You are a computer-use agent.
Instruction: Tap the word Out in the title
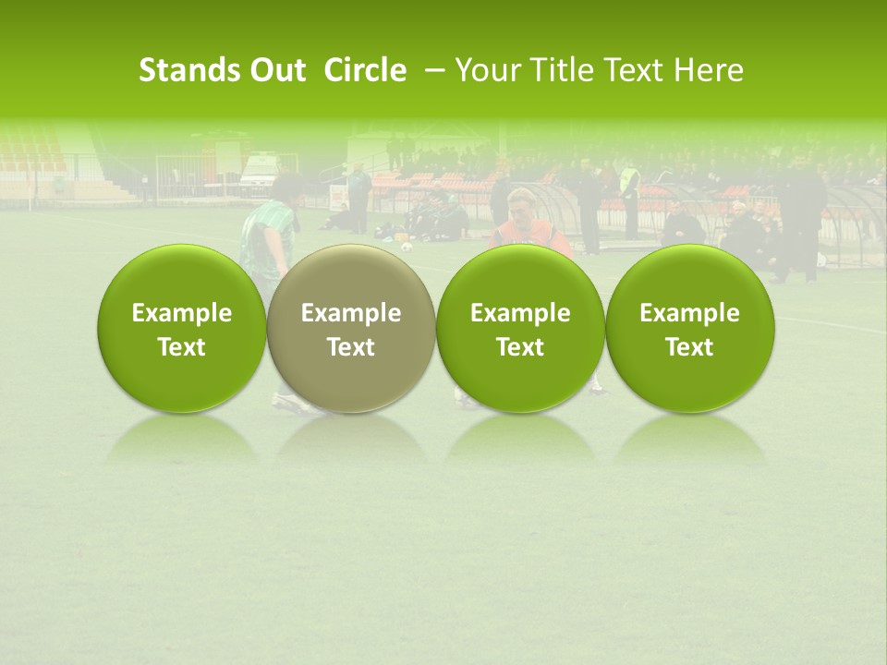coord(275,70)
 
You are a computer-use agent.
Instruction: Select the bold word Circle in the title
coord(365,70)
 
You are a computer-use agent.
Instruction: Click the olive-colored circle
coord(351,329)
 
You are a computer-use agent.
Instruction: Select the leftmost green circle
coord(181,329)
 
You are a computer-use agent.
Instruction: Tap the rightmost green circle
coord(689,329)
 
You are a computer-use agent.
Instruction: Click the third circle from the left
coord(520,329)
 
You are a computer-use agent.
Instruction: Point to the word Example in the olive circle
coord(351,313)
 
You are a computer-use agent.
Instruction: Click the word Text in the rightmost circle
coord(689,347)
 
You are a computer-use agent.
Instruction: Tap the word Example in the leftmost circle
coord(181,313)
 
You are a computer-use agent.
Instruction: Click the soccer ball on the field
coord(406,247)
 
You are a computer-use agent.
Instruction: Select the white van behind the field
coord(261,172)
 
